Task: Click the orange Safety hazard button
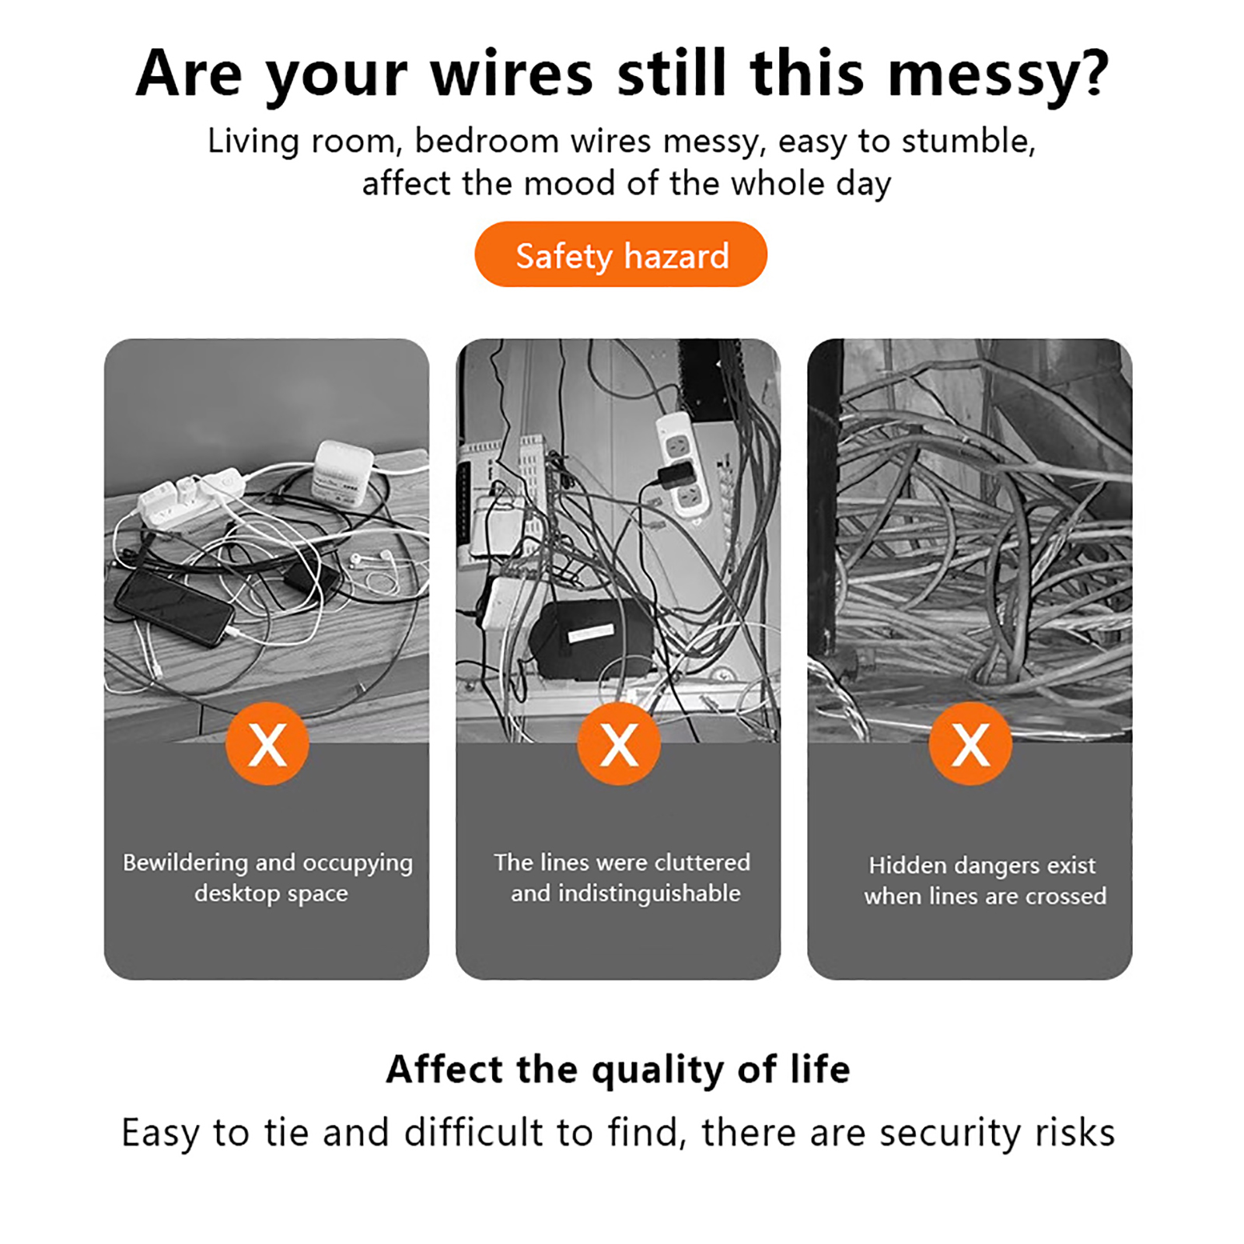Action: tap(620, 254)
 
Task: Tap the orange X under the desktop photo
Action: tap(267, 743)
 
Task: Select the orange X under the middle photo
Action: tap(619, 743)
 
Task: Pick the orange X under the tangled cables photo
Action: tap(970, 743)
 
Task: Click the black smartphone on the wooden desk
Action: tap(174, 606)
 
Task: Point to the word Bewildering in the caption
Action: tap(185, 862)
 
